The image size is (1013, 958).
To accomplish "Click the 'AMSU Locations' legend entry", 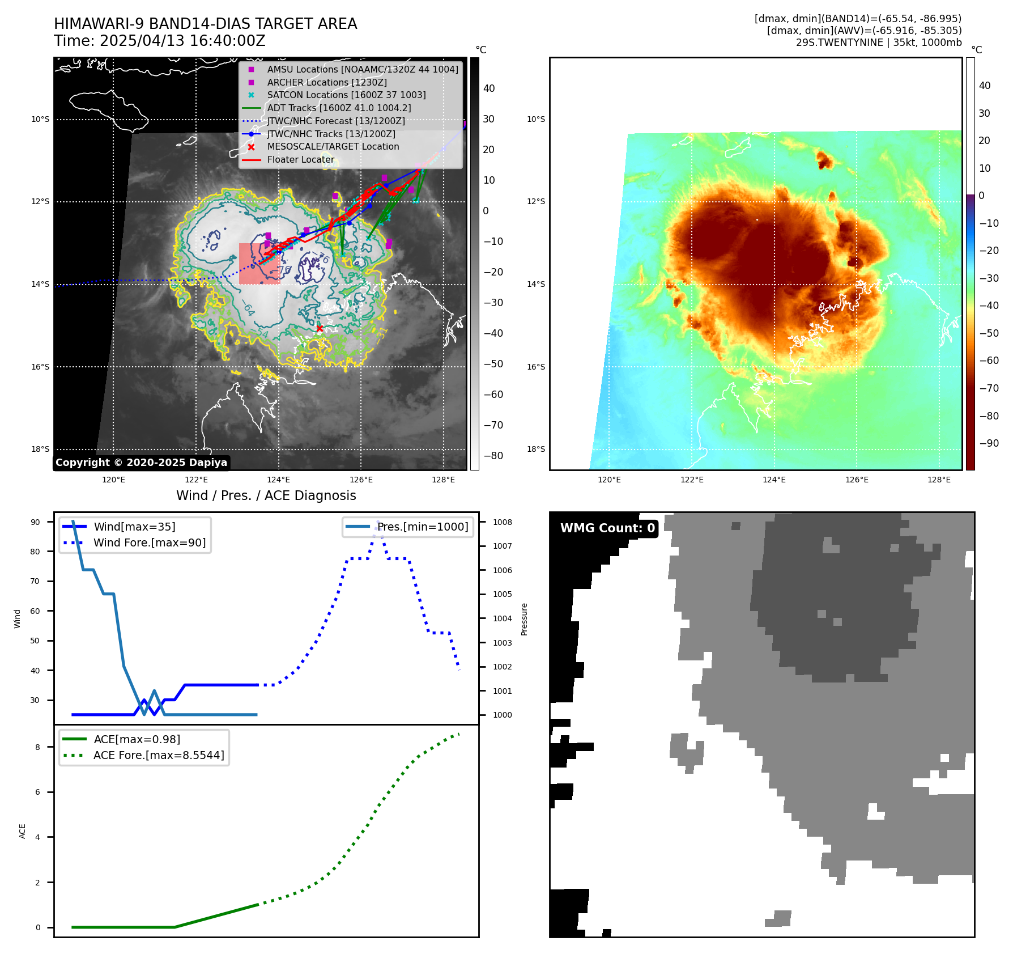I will pos(363,69).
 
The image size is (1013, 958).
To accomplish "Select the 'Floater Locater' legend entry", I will pos(300,159).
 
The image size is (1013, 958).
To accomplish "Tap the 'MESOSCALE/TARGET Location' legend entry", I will pos(333,146).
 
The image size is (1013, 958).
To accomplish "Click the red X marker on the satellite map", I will pos(320,329).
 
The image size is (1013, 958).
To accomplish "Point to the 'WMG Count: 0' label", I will pos(607,528).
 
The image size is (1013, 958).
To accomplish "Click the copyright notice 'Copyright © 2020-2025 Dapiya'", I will pos(141,463).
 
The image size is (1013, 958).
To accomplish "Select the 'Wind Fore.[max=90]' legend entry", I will pos(150,542).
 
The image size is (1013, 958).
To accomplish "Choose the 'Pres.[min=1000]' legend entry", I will pos(423,527).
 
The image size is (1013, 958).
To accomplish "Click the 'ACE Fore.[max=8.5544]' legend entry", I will pos(159,755).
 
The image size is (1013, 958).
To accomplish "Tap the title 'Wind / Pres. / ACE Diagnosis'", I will pos(266,495).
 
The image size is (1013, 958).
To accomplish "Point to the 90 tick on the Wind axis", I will pos(35,522).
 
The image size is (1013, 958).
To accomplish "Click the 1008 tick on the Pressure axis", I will pos(502,522).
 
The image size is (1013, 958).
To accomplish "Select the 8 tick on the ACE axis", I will pos(38,747).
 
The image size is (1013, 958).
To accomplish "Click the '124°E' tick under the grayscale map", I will pos(278,480).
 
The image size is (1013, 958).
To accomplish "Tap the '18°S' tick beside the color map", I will pos(536,449).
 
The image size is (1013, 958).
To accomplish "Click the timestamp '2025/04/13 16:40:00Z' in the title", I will pos(181,41).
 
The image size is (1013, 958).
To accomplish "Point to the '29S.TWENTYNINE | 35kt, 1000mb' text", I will pos(878,43).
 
